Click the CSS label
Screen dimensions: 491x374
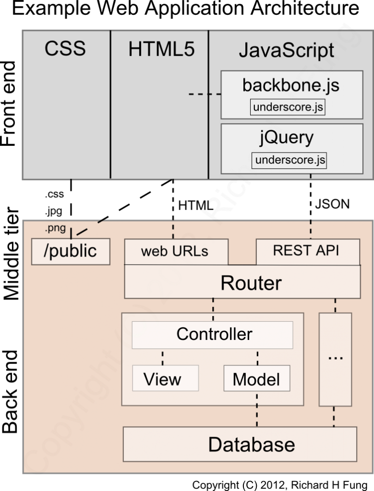65,49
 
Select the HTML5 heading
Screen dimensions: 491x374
161,49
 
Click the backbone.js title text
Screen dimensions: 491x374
290,85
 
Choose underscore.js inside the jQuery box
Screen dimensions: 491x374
290,160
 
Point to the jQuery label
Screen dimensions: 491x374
286,138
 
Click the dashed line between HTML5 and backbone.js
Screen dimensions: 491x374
205,94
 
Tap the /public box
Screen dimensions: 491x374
71,251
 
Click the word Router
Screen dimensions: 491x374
251,283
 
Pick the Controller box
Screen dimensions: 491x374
214,334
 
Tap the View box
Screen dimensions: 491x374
163,379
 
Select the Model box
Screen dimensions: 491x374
256,379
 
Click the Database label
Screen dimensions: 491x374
251,444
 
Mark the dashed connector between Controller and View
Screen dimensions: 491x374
163,357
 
